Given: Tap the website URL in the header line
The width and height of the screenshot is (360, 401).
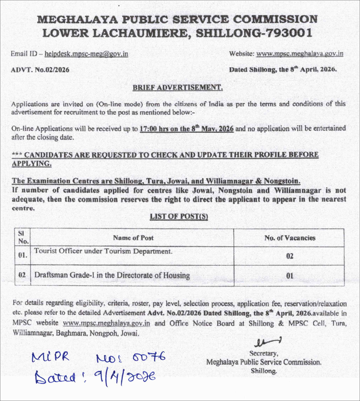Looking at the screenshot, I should tap(300, 54).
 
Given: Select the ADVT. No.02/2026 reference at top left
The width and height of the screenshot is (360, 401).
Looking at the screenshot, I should tap(40, 70).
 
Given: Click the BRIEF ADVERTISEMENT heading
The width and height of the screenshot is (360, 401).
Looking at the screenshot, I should tap(177, 87).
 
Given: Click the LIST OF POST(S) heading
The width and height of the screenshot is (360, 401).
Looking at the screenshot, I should tap(179, 217).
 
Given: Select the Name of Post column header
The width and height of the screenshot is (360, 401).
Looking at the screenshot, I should tap(133, 238).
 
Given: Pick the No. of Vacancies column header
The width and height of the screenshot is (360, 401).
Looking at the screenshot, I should tap(289, 238).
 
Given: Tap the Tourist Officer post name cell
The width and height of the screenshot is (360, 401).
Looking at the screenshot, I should tap(103, 251).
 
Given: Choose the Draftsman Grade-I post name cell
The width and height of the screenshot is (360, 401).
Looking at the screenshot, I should tap(112, 276).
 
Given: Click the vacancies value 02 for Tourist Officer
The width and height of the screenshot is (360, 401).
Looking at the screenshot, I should tap(289, 256).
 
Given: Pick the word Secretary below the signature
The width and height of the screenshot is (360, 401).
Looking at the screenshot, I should tap(264, 353).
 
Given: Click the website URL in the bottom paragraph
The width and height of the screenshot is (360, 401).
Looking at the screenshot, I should tap(106, 323).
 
